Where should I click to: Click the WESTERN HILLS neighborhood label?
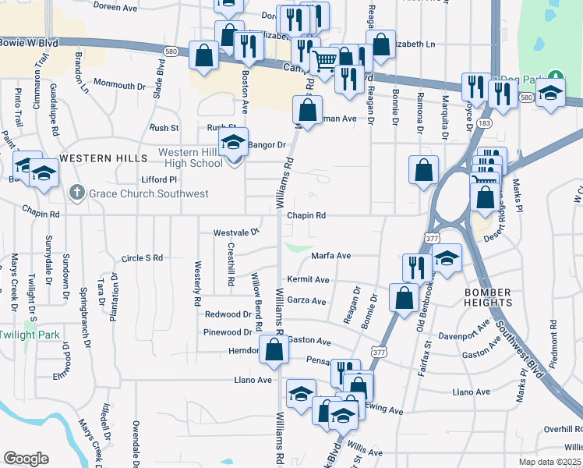93,158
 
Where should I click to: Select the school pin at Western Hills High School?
233,143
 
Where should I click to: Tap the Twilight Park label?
29,334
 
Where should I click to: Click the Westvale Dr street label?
236,232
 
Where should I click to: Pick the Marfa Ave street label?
331,255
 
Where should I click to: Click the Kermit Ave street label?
308,279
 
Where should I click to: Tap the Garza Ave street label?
306,300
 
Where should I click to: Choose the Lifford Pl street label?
160,179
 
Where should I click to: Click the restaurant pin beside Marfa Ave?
417,268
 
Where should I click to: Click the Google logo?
26,459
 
